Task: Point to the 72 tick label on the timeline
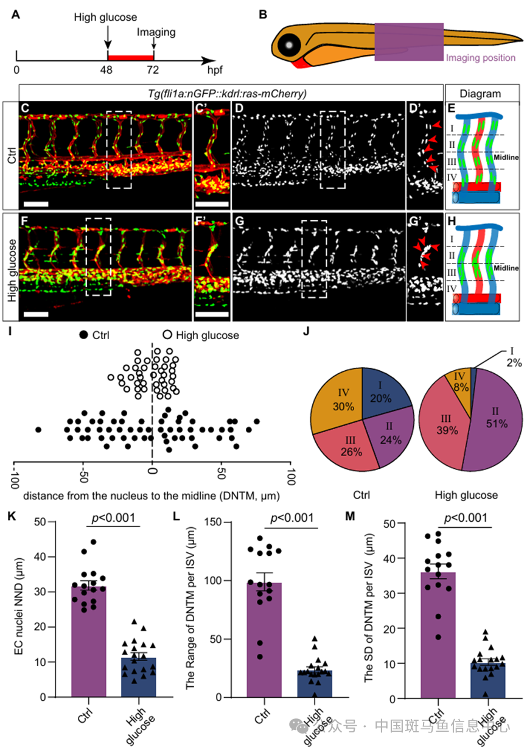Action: [153, 70]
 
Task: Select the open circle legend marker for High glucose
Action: [167, 335]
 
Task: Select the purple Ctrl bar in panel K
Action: [88, 645]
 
